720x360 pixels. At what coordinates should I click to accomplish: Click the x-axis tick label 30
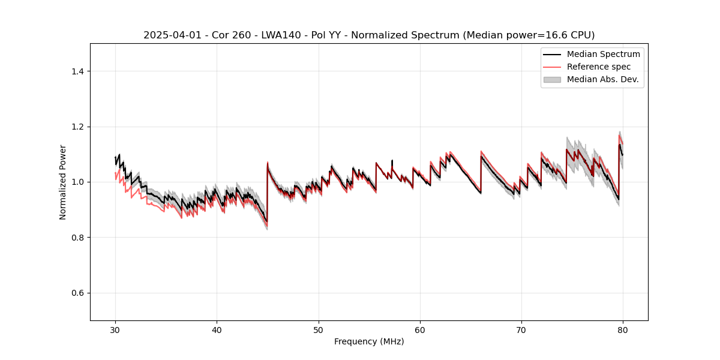pos(115,330)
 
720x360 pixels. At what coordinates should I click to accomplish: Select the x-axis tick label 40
pos(217,330)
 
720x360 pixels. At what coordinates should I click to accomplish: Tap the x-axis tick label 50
pos(319,330)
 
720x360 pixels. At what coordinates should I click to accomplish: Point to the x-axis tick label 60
pos(420,330)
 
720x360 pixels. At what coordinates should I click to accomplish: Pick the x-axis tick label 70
pos(521,330)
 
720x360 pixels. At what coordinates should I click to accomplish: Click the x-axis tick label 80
pos(623,330)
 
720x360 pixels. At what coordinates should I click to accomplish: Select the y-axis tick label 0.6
pos(77,293)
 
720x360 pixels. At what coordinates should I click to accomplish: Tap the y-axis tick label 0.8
pos(77,238)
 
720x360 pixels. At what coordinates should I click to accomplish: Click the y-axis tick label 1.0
pos(77,182)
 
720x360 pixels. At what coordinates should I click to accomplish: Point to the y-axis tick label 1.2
pos(77,127)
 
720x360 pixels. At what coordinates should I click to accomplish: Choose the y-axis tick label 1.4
pos(77,71)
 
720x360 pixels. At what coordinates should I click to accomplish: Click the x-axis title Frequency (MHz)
pos(369,341)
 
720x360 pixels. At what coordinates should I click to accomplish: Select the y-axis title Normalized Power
pos(62,182)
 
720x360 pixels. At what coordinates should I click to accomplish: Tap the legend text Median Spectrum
pos(603,54)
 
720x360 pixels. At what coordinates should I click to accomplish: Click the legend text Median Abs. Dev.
pos(602,79)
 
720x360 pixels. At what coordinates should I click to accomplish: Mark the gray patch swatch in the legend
pos(551,79)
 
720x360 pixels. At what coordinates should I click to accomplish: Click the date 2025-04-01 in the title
pos(170,35)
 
